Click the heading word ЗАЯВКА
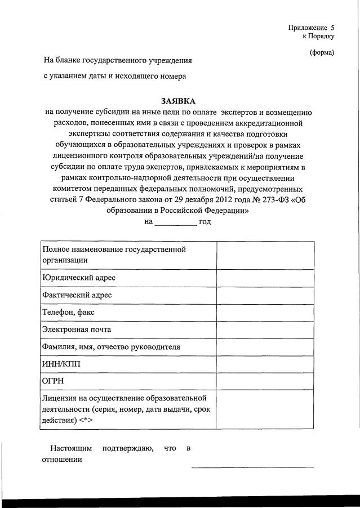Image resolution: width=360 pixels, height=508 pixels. point(178,101)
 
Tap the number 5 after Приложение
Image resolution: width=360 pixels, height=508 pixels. point(332,27)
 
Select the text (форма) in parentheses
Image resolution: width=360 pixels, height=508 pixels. point(322,53)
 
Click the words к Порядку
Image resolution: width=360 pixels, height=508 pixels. point(318,37)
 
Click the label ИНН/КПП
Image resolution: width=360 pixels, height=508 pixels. point(61,364)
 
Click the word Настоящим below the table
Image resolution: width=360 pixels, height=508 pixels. point(69,448)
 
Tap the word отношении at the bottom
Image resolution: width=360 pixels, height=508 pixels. point(62,460)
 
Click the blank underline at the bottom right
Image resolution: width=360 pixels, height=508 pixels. point(252,466)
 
